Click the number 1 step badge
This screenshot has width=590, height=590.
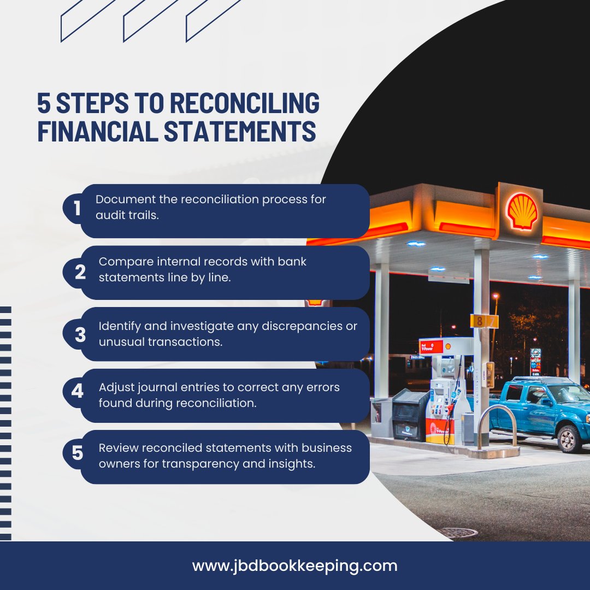click(x=77, y=209)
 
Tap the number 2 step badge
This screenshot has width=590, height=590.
click(x=80, y=272)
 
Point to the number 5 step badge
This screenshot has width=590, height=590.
click(x=78, y=452)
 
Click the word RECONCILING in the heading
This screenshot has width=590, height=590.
click(x=245, y=104)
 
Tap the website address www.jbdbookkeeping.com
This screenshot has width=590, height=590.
click(x=295, y=565)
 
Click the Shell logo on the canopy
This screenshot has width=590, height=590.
click(x=522, y=210)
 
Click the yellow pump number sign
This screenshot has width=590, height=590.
click(x=484, y=321)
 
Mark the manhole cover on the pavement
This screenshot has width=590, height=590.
click(x=457, y=532)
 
